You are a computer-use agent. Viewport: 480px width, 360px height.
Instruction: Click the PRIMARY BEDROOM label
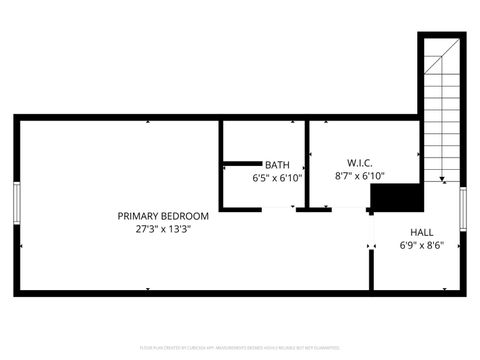pos(163,216)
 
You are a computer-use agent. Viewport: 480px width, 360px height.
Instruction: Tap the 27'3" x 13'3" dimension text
pos(163,229)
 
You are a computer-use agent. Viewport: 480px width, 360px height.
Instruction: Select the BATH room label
pos(277,164)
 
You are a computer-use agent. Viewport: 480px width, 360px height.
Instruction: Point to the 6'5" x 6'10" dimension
pos(277,177)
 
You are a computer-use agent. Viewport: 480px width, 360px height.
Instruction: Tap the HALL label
pos(422,231)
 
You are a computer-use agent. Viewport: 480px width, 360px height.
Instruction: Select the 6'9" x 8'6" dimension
pos(422,244)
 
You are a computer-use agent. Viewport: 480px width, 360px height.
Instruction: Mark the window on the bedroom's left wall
pos(16,205)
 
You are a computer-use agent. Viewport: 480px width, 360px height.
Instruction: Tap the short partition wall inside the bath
pos(240,163)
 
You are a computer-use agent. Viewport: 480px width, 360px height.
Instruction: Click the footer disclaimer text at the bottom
pos(240,346)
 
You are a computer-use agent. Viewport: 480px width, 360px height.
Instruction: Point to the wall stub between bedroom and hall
pos(371,265)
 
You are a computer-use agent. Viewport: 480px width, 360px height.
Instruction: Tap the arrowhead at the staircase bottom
pos(441,180)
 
